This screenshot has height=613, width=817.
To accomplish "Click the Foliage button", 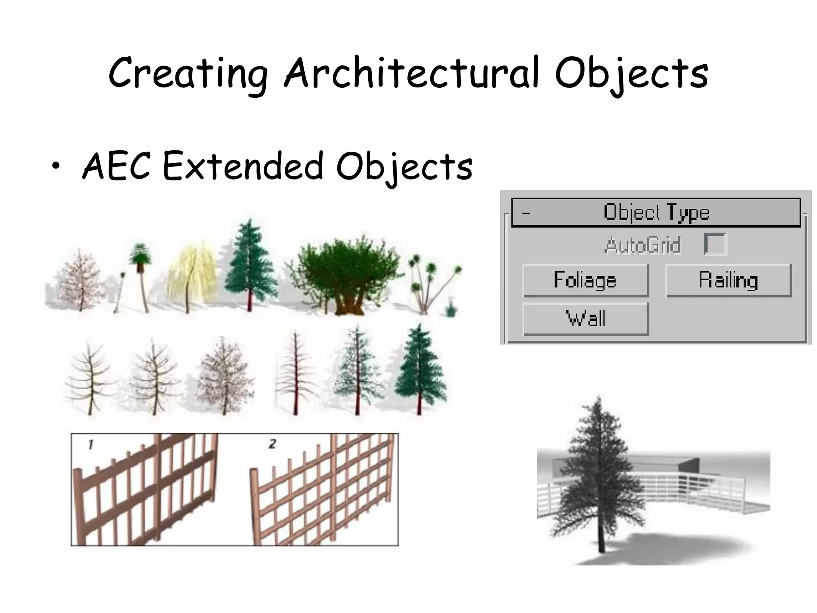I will [x=585, y=280].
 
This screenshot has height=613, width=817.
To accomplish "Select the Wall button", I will [x=585, y=318].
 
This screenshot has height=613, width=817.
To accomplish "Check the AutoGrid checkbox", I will [x=715, y=244].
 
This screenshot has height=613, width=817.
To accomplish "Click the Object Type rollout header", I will [x=656, y=212].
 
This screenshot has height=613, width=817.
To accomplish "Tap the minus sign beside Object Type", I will [x=526, y=213].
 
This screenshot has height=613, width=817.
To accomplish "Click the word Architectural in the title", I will [x=413, y=74].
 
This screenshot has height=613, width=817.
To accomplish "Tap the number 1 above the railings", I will [x=91, y=444].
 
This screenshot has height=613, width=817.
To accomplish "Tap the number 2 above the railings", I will [x=272, y=443].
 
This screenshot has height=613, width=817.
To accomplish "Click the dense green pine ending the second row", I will [x=420, y=369].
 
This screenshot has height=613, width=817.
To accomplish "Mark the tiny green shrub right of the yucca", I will [x=451, y=308].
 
